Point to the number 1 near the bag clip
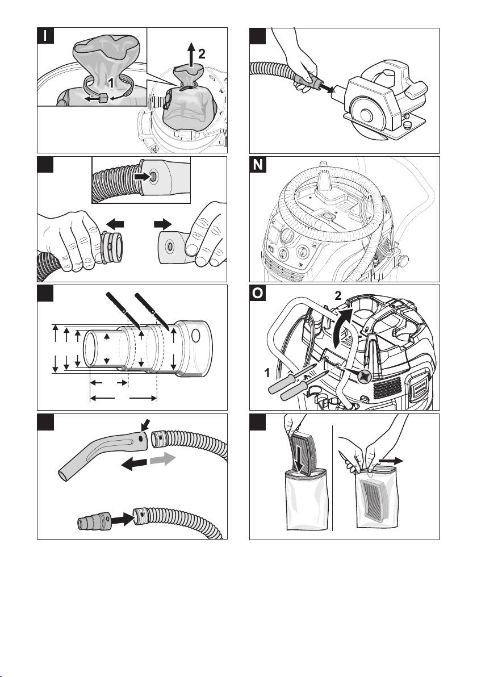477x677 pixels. coord(112,82)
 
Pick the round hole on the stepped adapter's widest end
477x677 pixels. coord(196,336)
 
